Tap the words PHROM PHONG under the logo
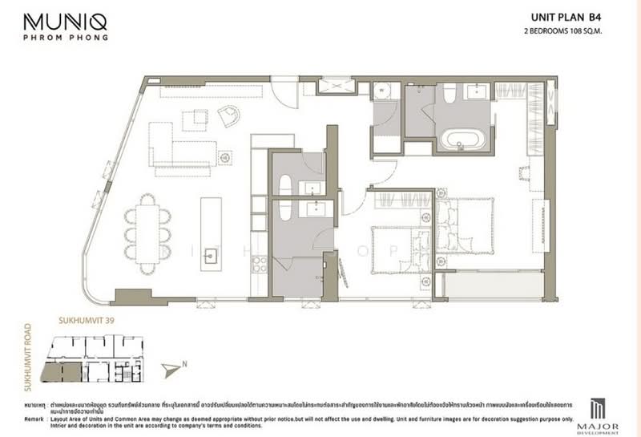65,37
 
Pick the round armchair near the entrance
229,116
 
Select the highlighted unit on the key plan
62,371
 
